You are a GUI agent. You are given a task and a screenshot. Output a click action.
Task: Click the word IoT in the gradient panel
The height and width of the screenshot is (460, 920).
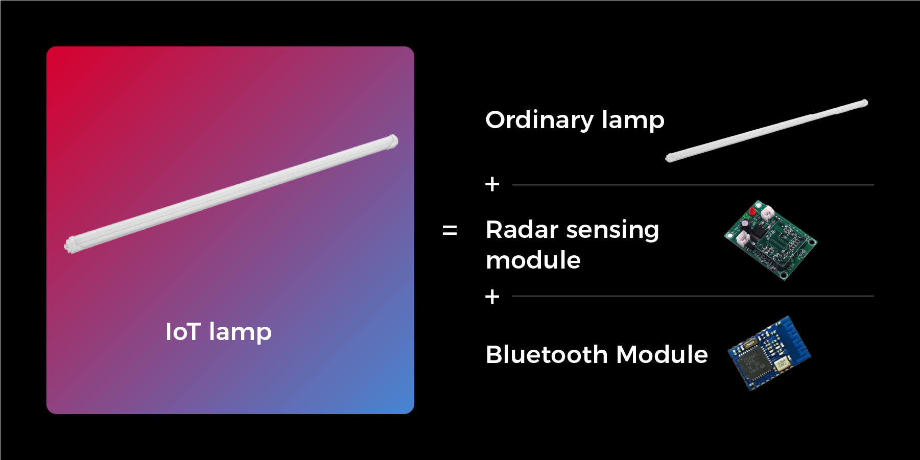182,332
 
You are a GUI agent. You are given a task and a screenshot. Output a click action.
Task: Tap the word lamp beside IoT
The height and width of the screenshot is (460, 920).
240,333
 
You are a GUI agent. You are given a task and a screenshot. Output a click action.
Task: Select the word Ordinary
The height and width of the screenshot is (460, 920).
539,121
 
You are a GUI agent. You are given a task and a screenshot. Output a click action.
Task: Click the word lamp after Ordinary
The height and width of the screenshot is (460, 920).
633,121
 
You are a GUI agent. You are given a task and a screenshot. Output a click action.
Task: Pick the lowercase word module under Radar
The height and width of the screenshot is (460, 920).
533,260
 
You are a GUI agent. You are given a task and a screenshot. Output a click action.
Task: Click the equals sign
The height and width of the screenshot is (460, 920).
450,231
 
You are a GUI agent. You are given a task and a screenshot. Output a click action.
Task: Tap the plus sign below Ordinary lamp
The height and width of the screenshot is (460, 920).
492,184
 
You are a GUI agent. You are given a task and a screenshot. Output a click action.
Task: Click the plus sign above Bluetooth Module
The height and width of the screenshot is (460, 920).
492,297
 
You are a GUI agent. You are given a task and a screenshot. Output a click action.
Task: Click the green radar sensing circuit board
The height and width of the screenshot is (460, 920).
770,240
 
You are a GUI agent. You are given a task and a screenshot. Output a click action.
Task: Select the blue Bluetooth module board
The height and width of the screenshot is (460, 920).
769,353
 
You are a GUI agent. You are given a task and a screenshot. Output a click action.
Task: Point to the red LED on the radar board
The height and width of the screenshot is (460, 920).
752,211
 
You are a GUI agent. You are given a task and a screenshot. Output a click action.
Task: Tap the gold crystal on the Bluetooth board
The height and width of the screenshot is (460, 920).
781,364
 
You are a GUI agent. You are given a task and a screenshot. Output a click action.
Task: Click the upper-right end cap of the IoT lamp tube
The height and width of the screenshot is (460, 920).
392,141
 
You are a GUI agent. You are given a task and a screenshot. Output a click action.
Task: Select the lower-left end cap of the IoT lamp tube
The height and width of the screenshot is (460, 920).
70,246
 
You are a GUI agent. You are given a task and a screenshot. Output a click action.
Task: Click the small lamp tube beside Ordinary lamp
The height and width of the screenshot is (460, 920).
767,131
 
